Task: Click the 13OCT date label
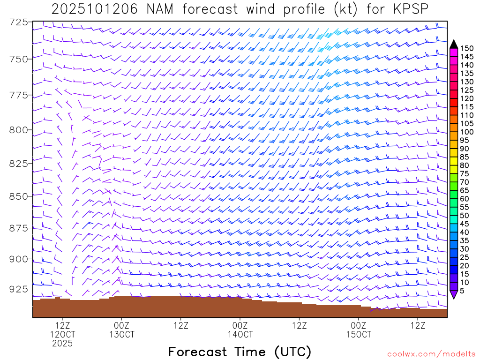[x=121, y=334]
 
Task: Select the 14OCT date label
[x=240, y=334]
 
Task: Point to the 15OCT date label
[x=359, y=334]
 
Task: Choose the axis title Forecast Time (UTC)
[x=240, y=352]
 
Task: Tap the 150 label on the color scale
[x=466, y=48]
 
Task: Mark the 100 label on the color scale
[x=466, y=132]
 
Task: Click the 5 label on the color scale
[x=462, y=291]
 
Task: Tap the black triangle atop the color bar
[x=454, y=44]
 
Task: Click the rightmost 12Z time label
[x=418, y=324]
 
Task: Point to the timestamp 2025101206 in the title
[x=94, y=9]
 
